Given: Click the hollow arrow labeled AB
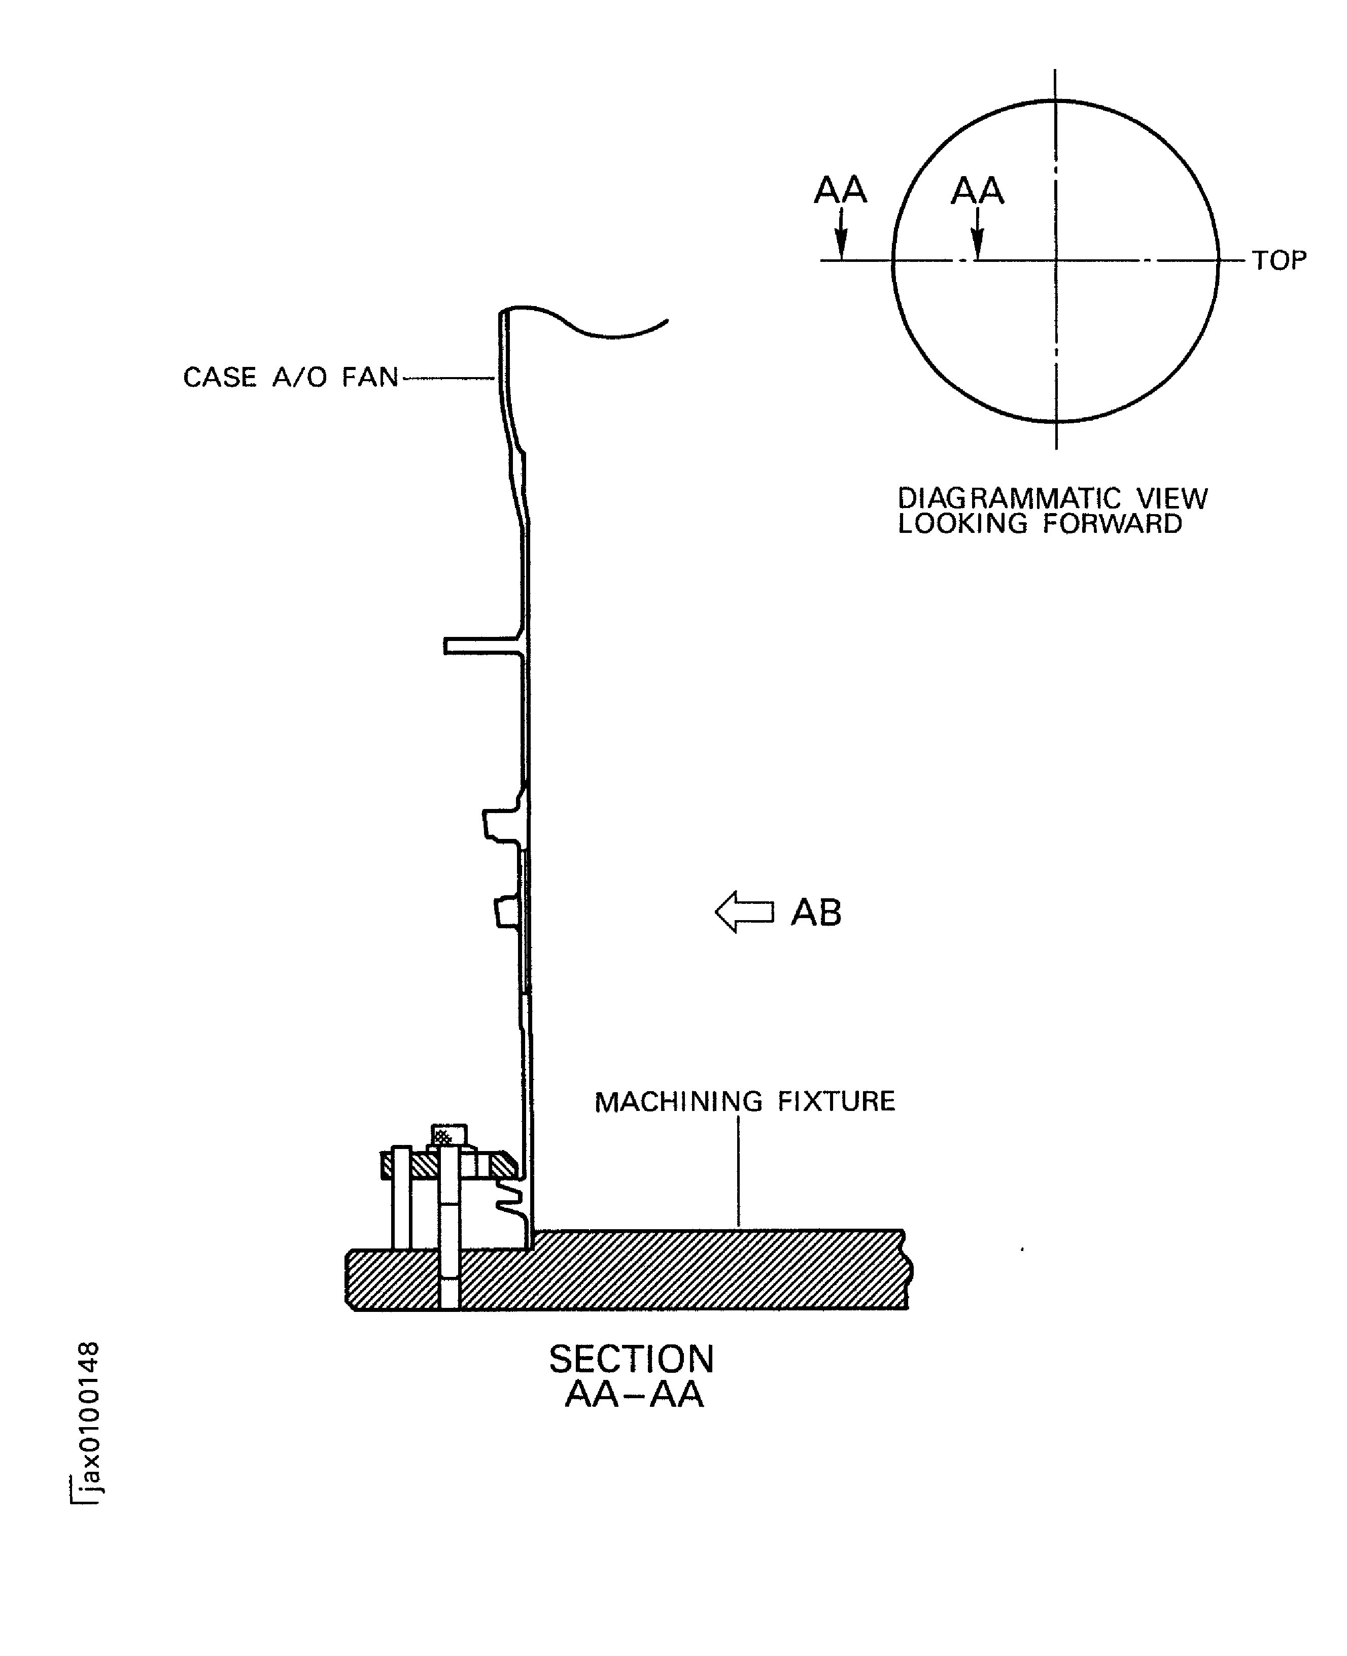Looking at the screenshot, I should coord(743,912).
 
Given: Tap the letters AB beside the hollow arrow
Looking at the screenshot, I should coord(815,913).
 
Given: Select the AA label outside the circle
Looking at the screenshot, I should coord(840,190).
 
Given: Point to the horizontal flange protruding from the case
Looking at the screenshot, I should coord(481,646).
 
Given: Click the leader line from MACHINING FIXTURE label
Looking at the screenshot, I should coord(738,1172).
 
